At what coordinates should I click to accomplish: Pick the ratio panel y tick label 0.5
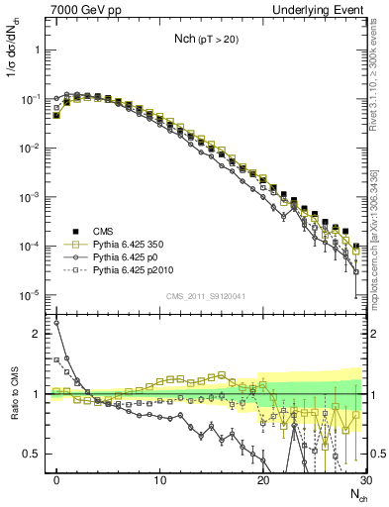pyautogui.click(x=34, y=454)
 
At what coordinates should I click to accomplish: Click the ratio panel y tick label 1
pyautogui.click(x=38, y=394)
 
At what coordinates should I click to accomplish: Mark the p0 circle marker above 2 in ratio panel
pyautogui.click(x=56, y=323)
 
